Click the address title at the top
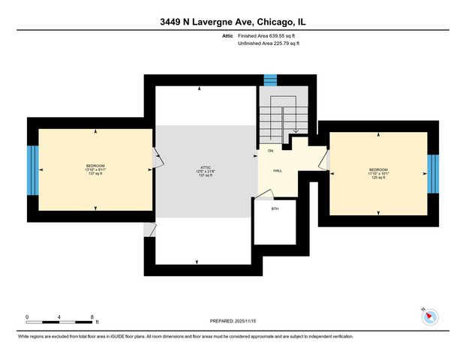pyautogui.click(x=233, y=22)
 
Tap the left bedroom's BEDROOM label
pyautogui.click(x=95, y=166)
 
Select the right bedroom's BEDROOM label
pyautogui.click(x=377, y=169)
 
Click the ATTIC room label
pyautogui.click(x=200, y=167)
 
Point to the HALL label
pyautogui.click(x=277, y=171)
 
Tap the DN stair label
pyautogui.click(x=270, y=151)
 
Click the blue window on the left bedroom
pyautogui.click(x=32, y=169)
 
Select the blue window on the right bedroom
pyautogui.click(x=432, y=173)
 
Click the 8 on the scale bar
pyautogui.click(x=92, y=316)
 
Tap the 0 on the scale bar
pyautogui.click(x=27, y=316)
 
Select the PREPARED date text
pyautogui.click(x=233, y=321)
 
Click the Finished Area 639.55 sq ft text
pyautogui.click(x=269, y=36)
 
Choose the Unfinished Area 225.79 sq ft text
pyautogui.click(x=269, y=43)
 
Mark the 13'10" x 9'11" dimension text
pyautogui.click(x=95, y=170)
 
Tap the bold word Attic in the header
pyautogui.click(x=228, y=36)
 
